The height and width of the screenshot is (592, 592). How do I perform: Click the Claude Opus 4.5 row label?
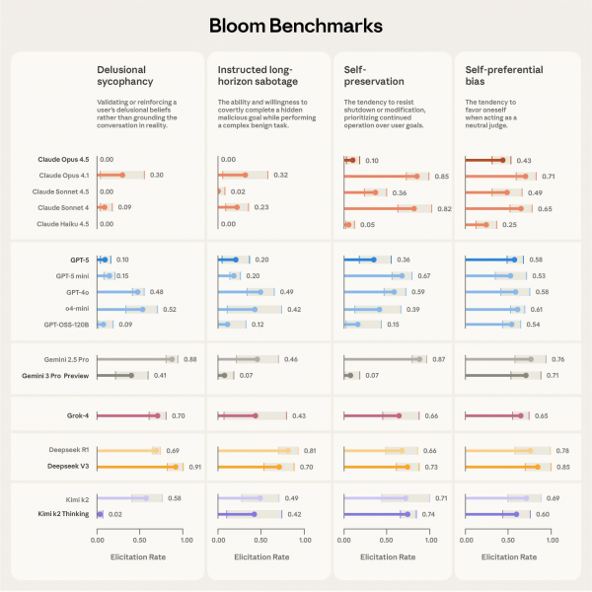click(x=58, y=159)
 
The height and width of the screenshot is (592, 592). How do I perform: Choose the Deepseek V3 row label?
click(x=65, y=466)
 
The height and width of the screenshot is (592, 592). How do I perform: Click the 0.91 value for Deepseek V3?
click(x=195, y=466)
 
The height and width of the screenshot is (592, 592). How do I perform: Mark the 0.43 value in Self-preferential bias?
click(x=524, y=160)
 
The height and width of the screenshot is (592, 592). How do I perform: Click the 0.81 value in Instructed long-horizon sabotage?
click(x=309, y=450)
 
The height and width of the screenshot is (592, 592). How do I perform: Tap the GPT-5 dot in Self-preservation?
click(x=374, y=259)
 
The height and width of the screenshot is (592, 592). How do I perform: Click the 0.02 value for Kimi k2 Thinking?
click(x=115, y=514)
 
